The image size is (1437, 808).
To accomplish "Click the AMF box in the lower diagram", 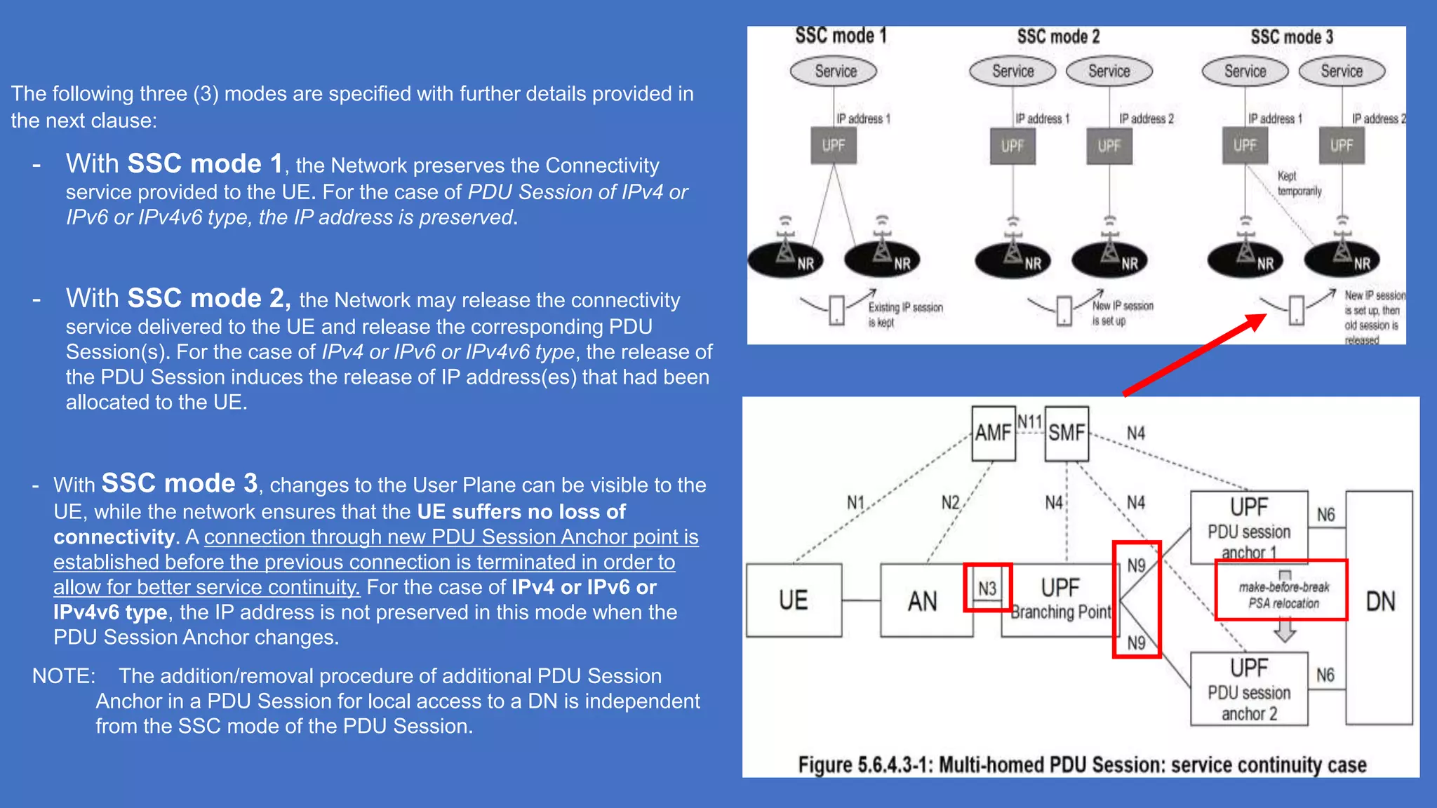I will pos(993,433).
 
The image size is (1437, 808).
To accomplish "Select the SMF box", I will pos(1066,433).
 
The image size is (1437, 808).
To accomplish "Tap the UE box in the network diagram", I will pos(794,600).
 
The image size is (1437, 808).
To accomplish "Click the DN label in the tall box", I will pos(1379,602).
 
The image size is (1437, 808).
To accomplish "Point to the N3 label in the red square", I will pos(987,588).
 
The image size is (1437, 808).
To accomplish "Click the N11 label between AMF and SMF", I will pos(1029,422).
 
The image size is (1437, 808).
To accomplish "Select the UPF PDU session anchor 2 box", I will pos(1249,689).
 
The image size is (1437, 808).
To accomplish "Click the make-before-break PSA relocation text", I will pos(1283,595).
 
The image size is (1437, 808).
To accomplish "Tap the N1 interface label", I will pos(855,502).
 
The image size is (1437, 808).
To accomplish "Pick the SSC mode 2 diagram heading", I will pos(1058,36).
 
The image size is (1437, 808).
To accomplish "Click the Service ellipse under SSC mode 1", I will pos(834,71).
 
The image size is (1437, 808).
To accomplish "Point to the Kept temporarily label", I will pos(1298,184).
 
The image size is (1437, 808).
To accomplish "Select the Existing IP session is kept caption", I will pos(904,314).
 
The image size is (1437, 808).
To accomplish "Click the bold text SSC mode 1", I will pos(204,163).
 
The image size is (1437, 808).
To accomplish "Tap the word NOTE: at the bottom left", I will pos(64,675).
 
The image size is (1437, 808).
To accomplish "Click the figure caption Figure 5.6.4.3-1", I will pos(1081,764).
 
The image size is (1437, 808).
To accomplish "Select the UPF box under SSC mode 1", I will pos(834,145).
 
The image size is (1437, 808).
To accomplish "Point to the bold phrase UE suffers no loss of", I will pos(521,511).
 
